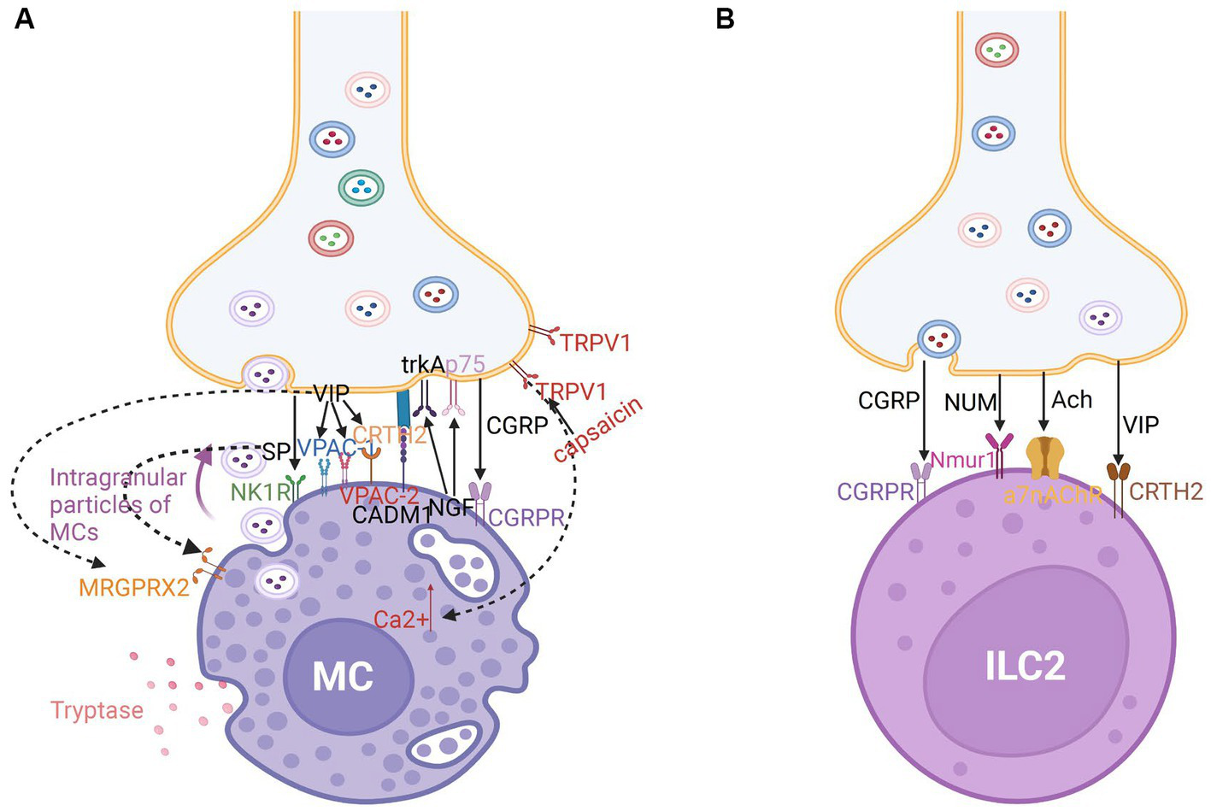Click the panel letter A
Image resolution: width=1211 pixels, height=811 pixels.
coord(25,19)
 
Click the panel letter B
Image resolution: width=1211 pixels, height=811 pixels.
coord(725,19)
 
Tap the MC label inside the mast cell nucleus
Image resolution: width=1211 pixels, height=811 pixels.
coord(343,677)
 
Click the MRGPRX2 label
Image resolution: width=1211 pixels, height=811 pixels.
coord(134,588)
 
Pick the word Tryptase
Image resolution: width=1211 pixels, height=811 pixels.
coord(97,710)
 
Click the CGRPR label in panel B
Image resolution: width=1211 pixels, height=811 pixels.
coord(875,491)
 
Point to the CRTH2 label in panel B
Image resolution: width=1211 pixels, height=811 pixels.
coord(1166,491)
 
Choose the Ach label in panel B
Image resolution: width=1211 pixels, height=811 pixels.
coord(1071,400)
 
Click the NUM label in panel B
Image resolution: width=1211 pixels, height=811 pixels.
coord(970,402)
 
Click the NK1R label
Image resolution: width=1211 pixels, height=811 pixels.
coord(261,491)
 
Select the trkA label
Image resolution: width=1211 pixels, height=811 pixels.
coord(423,365)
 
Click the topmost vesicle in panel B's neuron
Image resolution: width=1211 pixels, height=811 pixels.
coord(996,50)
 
